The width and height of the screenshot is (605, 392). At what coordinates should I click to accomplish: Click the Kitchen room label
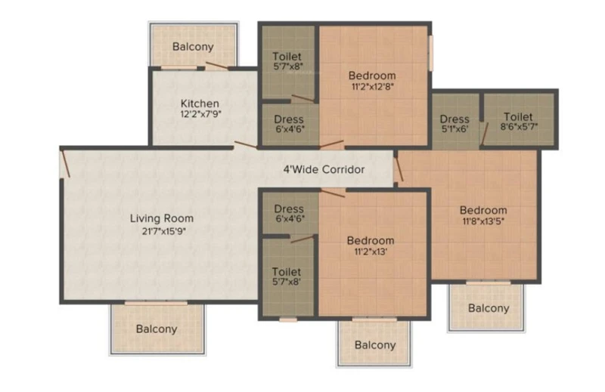tap(200, 103)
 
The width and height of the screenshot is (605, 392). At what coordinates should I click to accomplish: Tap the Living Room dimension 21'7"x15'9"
tap(164, 231)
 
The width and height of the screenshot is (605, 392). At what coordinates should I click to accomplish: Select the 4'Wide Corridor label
tap(324, 170)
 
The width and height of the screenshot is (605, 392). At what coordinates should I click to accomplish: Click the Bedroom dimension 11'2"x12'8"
tap(372, 86)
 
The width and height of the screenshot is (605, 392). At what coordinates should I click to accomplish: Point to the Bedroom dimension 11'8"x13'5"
tap(483, 221)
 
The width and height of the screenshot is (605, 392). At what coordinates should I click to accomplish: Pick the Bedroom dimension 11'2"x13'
tap(371, 252)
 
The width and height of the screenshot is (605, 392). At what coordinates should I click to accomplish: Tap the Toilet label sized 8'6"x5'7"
tap(518, 117)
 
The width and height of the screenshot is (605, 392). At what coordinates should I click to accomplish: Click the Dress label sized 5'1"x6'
tap(455, 119)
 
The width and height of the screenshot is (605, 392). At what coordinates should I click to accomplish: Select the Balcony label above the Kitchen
tap(193, 47)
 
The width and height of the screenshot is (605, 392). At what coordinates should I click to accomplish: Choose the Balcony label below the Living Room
tap(157, 329)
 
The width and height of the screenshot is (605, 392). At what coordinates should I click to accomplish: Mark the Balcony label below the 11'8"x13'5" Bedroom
tap(489, 308)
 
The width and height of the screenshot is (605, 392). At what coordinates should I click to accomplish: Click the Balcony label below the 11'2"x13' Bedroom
tap(375, 345)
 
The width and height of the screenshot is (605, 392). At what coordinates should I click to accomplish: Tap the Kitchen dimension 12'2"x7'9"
tap(200, 114)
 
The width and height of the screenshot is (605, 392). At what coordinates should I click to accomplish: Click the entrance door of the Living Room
tap(66, 164)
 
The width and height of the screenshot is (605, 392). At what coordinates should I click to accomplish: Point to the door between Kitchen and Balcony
tap(216, 66)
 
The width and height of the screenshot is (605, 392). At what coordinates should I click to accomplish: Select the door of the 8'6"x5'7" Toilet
tap(485, 134)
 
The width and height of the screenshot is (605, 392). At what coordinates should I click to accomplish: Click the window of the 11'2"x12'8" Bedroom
tap(430, 53)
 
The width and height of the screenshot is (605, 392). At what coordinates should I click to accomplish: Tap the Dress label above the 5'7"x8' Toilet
tap(289, 209)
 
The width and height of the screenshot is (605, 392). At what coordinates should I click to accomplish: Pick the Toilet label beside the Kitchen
tap(287, 57)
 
